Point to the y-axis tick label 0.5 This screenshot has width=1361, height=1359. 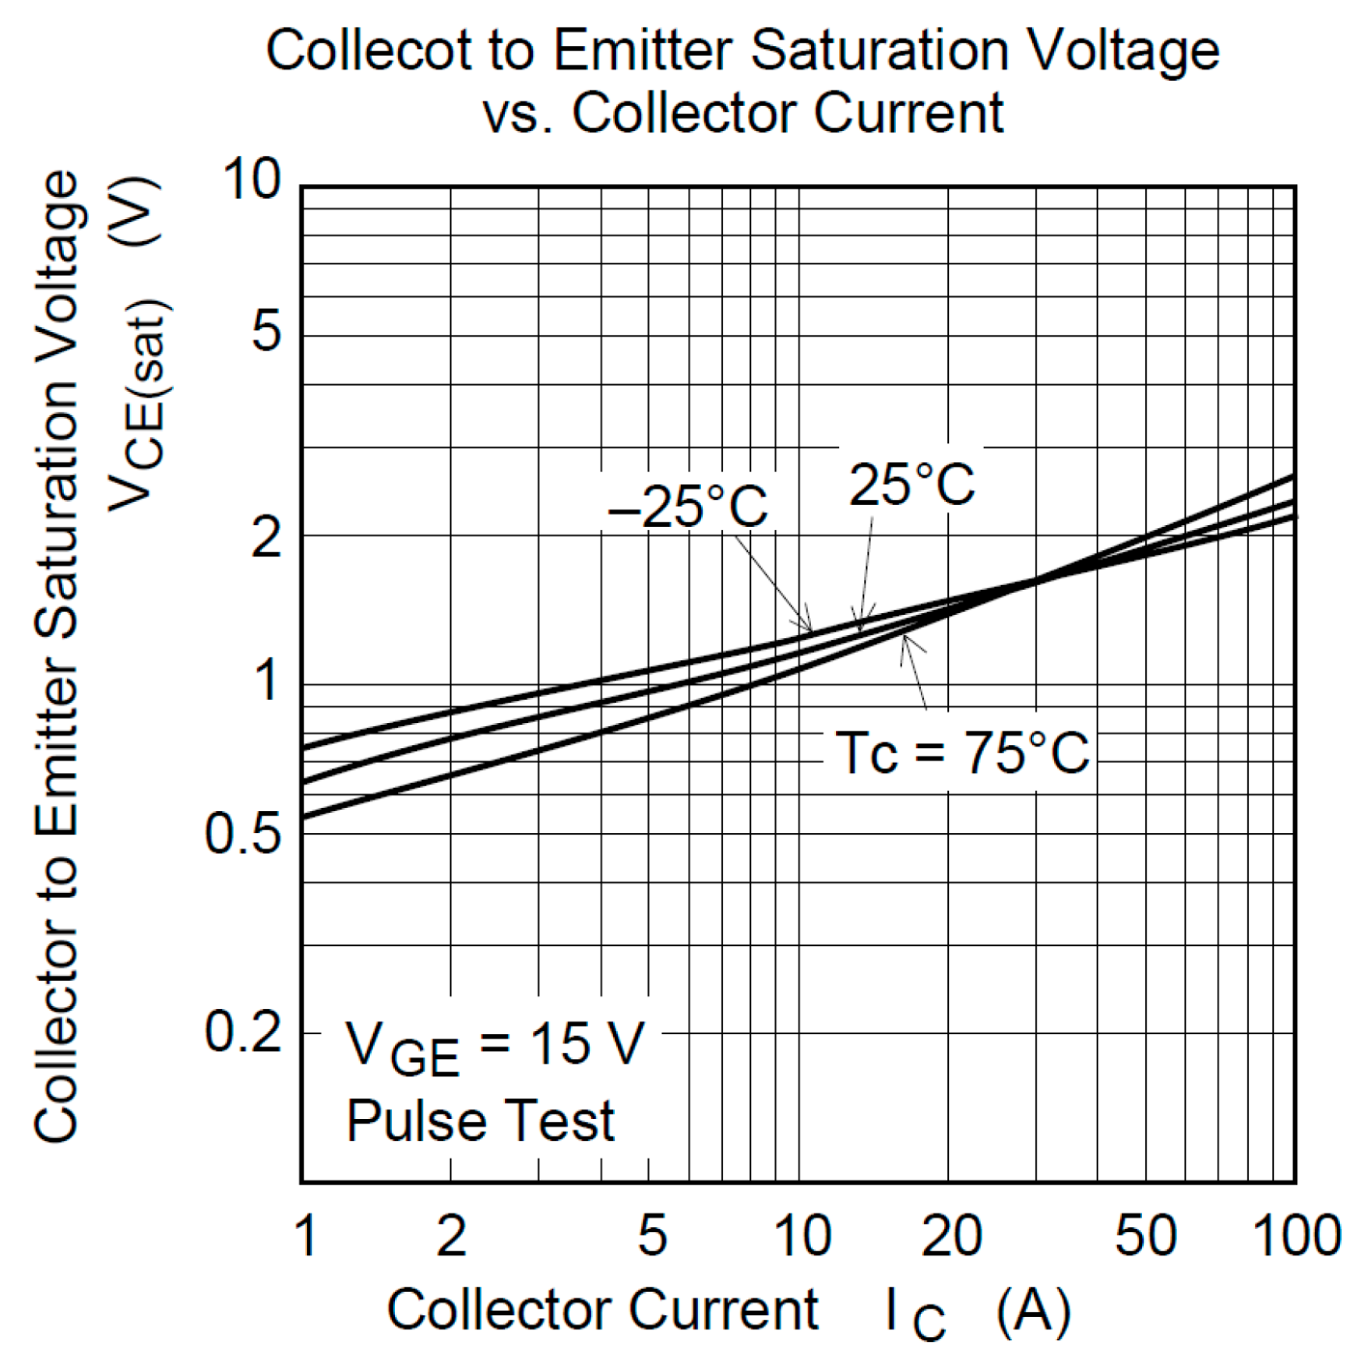242,835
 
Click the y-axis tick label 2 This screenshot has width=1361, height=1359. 266,537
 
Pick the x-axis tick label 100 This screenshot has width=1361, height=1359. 1296,1236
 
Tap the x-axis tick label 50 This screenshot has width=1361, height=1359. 1145,1236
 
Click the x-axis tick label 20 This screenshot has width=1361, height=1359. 951,1236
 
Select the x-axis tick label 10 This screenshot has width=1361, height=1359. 802,1236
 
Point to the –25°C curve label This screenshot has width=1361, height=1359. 687,507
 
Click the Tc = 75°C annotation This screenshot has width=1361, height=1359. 961,754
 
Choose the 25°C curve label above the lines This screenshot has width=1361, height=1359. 911,485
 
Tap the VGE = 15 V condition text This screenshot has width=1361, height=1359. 495,1047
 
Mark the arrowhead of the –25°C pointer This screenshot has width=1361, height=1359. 808,628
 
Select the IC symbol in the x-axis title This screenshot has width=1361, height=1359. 915,1314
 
